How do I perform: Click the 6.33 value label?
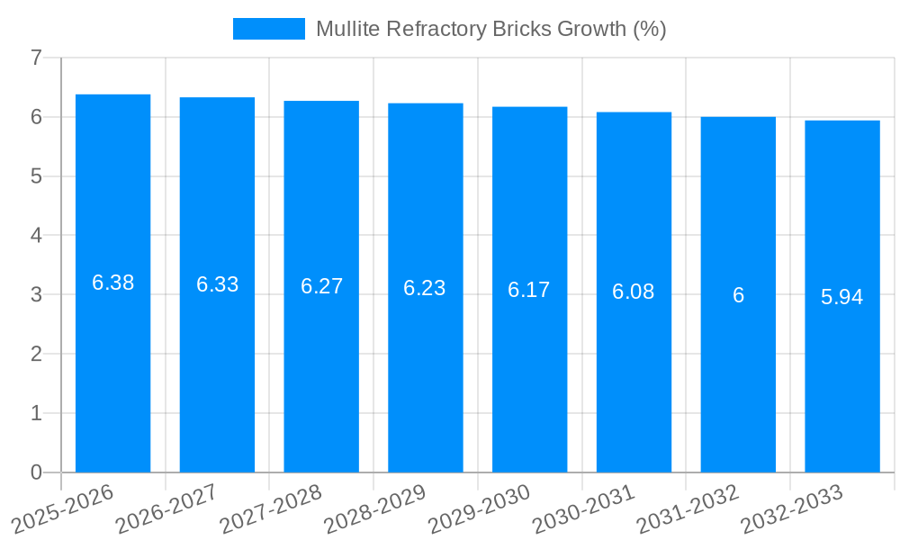pos(217,284)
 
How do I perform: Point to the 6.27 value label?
pos(321,286)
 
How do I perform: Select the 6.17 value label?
pos(529,290)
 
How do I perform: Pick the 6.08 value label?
pos(634,292)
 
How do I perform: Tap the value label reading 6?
pos(738,295)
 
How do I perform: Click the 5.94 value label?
pos(842,297)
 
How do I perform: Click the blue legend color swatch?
pos(268,29)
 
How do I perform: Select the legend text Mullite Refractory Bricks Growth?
pos(490,29)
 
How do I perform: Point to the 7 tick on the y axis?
pos(36,58)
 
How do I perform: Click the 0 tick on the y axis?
pos(36,472)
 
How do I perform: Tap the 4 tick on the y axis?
pos(36,236)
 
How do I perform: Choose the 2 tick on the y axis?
pos(36,354)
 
